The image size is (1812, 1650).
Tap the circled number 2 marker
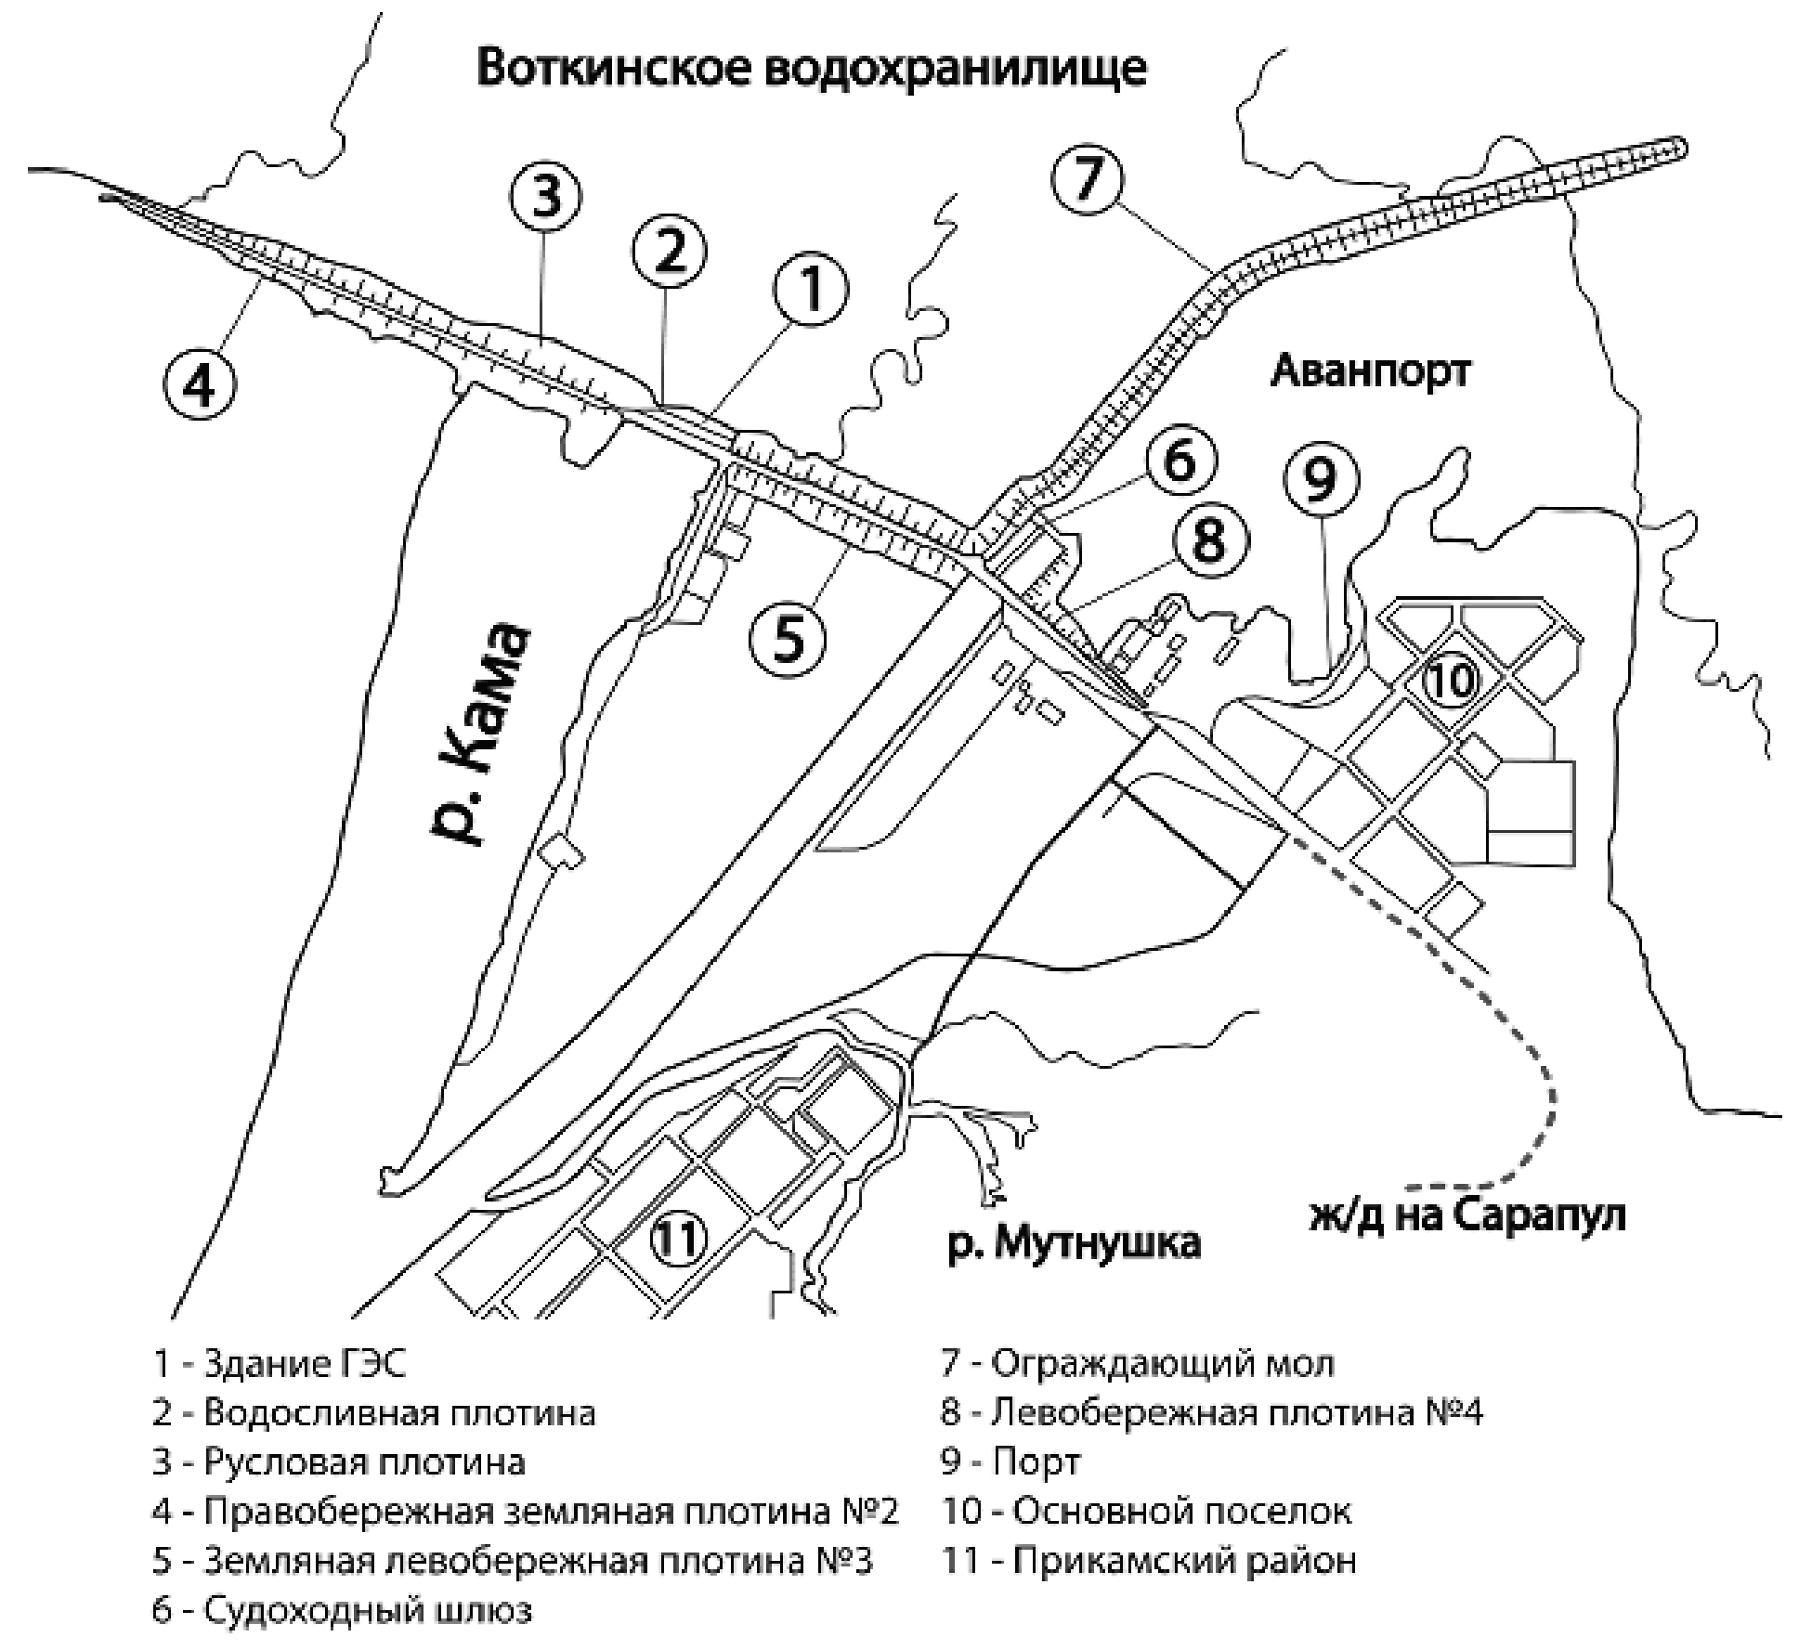[x=670, y=252]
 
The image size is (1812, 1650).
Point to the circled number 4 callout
[x=201, y=383]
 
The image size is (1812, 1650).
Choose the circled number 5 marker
[x=788, y=639]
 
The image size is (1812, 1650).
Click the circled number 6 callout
[x=1180, y=461]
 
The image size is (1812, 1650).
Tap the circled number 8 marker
[x=1209, y=540]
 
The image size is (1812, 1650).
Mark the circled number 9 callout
[x=1321, y=480]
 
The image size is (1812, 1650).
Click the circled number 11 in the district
[x=679, y=1238]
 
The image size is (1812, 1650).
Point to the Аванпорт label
[x=1370, y=372]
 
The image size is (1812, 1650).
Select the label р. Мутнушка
[x=1074, y=1242]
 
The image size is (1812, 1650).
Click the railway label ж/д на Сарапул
[x=1467, y=1216]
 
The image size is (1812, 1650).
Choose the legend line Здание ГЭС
[x=280, y=1365]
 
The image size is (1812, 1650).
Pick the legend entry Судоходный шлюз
[x=343, y=1610]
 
